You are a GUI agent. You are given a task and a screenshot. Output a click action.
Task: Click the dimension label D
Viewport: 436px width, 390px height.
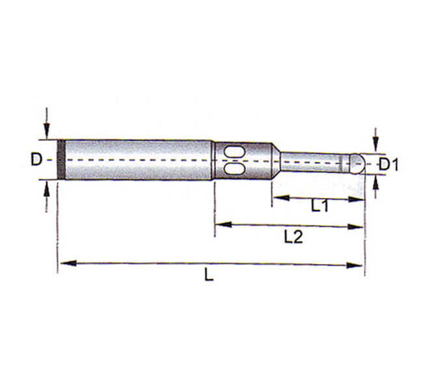point(36,160)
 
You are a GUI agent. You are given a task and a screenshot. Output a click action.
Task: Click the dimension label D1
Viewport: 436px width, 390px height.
point(388,164)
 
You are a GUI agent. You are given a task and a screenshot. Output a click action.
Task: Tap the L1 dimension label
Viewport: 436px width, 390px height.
point(320,206)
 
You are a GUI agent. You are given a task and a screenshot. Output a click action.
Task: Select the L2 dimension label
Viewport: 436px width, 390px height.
point(293,237)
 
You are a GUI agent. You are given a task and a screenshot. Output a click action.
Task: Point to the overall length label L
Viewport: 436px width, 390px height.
point(209,274)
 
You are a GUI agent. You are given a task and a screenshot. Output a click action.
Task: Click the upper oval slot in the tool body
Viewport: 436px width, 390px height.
point(234,152)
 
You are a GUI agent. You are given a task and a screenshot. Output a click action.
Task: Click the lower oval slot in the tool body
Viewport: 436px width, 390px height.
point(234,168)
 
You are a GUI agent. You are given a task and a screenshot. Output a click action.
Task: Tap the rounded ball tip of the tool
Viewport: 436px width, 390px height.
point(357,163)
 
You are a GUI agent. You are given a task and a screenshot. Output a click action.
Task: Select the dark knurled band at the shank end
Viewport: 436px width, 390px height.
point(61,160)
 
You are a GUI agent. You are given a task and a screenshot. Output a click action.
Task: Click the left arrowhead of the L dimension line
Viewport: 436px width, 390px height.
point(68,263)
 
